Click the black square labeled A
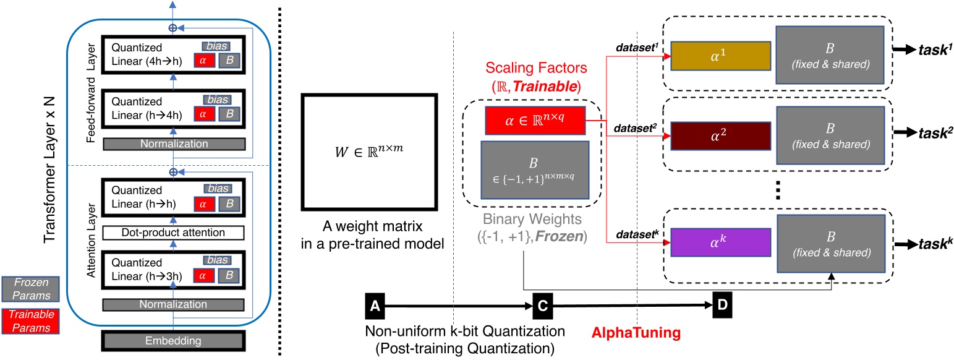point(373,305)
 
